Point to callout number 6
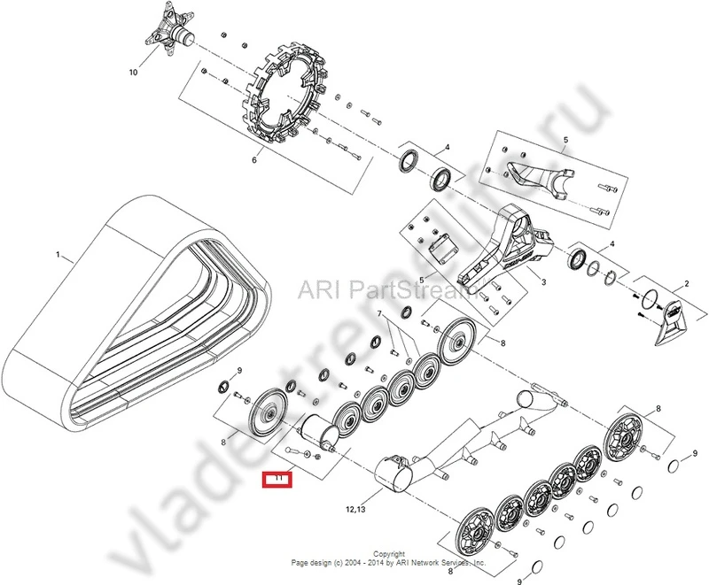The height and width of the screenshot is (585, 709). pos(253,160)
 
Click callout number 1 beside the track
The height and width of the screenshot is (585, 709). pos(58,255)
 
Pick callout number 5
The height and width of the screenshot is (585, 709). pos(565,140)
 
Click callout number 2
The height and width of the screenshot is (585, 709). pos(684,285)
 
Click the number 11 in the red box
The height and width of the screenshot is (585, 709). pos(278,479)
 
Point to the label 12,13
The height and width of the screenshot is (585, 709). pos(358,510)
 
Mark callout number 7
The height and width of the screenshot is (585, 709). pos(379,314)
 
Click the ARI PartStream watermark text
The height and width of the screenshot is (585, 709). pos(371,289)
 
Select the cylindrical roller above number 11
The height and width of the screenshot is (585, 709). pos(317,433)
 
